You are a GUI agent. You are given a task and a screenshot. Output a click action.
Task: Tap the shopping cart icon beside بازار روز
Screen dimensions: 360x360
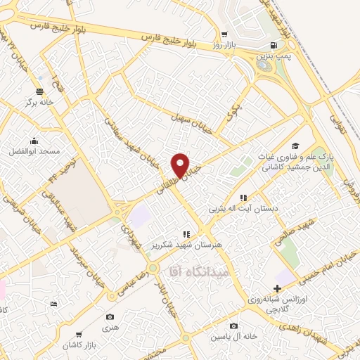coord(224,34)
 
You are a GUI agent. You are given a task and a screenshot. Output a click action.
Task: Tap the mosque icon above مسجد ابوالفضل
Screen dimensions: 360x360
coord(34,141)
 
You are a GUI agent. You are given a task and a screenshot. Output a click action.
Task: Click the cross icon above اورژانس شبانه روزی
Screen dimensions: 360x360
coord(277,288)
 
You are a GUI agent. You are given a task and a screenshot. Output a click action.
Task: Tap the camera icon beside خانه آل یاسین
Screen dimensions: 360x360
coord(233,326)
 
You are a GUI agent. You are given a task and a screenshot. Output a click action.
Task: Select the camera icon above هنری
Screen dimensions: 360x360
coord(111,317)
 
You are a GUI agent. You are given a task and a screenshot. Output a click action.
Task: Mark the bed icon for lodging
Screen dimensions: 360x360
coord(54,304)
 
